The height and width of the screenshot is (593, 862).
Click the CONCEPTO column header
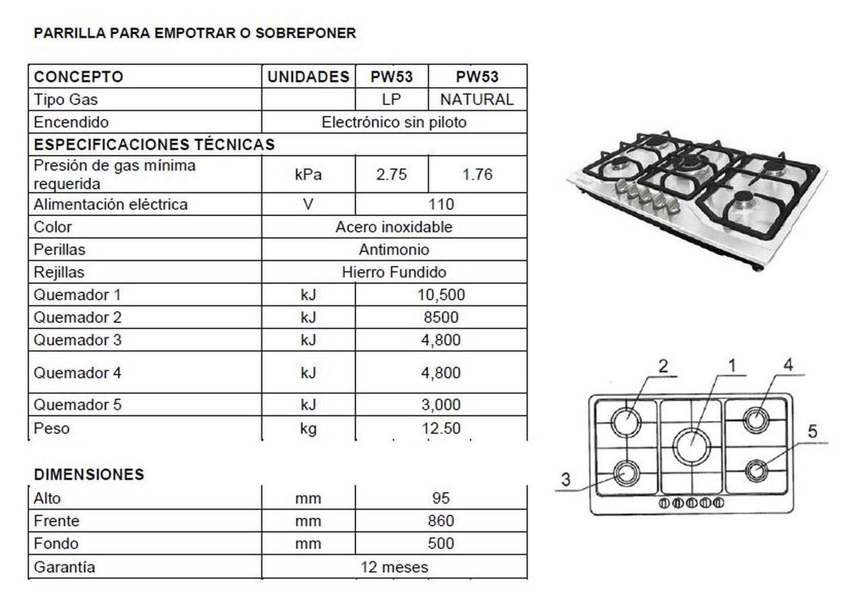click(x=78, y=77)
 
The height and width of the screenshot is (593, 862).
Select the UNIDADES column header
click(x=308, y=77)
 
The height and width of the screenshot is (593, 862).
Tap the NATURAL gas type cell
click(x=477, y=100)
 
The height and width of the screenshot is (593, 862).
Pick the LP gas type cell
click(x=391, y=100)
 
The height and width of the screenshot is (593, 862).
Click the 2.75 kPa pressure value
click(x=391, y=175)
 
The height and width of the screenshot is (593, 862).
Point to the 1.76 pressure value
click(x=477, y=175)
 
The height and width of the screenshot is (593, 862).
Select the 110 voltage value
click(x=441, y=205)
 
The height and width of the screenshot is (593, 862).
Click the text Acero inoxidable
click(x=394, y=227)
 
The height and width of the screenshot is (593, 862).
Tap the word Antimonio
click(x=394, y=250)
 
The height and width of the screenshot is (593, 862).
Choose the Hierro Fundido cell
click(x=394, y=273)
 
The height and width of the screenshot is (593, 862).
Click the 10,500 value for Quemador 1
click(x=441, y=295)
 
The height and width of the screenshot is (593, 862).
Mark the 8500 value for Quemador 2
click(x=441, y=317)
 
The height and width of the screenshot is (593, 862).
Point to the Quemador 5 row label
click(x=78, y=405)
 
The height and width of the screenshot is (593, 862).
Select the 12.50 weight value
click(x=441, y=428)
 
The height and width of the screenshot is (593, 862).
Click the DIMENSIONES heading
click(x=89, y=475)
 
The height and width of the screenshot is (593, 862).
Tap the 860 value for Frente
click(x=441, y=521)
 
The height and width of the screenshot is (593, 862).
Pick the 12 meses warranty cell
click(x=394, y=567)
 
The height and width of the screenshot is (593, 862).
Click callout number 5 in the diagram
click(x=812, y=432)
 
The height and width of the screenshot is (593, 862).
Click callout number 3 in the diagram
click(x=566, y=479)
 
